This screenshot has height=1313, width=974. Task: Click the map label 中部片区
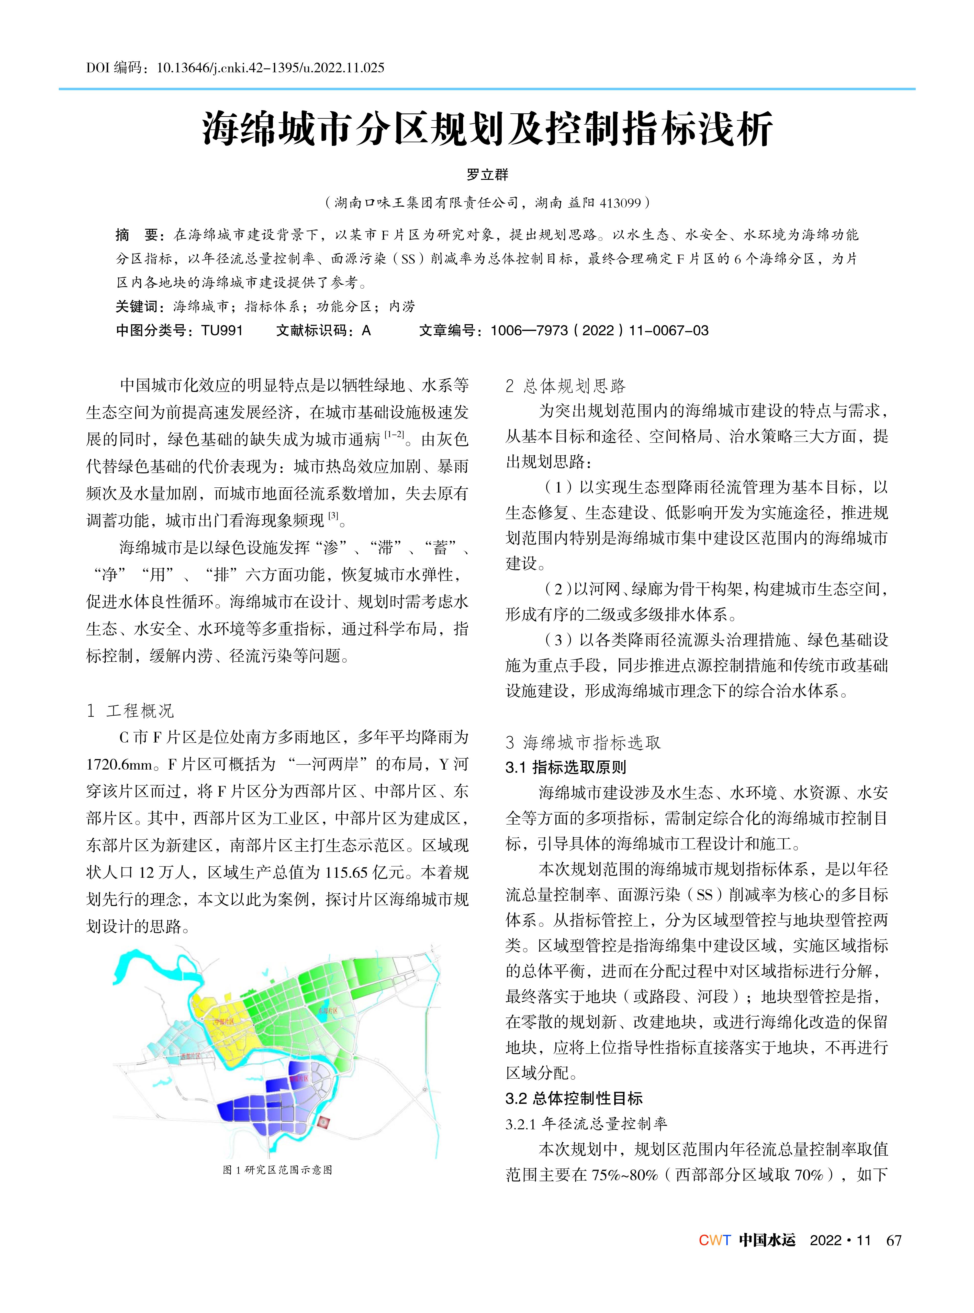pyautogui.click(x=224, y=1021)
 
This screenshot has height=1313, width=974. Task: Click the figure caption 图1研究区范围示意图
pyautogui.click(x=277, y=1170)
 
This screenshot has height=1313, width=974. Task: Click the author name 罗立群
pyautogui.click(x=487, y=174)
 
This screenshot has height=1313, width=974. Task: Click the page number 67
pyautogui.click(x=894, y=1240)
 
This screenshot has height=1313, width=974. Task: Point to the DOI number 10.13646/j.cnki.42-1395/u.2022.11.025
pyautogui.click(x=271, y=68)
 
